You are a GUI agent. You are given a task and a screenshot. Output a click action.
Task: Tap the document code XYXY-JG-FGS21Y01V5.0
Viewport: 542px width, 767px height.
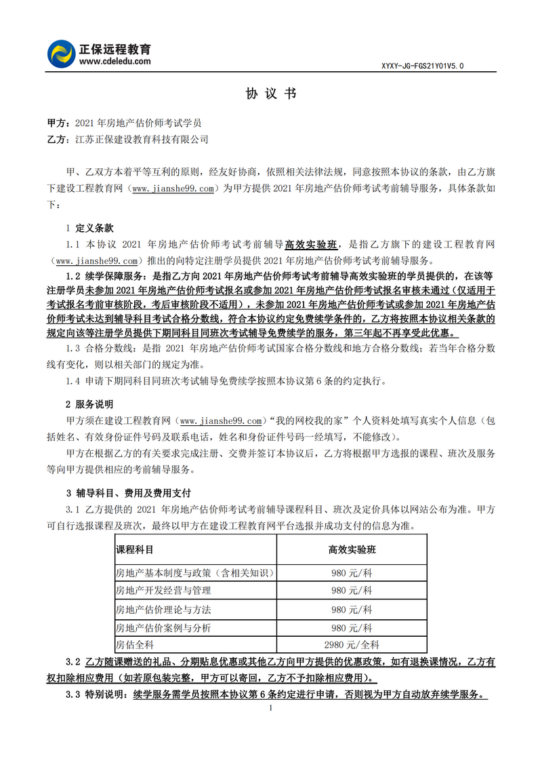point(423,66)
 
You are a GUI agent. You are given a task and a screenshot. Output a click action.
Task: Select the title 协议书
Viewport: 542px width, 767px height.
point(270,94)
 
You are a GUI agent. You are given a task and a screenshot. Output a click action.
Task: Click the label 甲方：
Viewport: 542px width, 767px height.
point(58,124)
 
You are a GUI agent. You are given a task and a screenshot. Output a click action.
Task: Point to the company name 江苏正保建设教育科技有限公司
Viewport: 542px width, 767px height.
point(142,139)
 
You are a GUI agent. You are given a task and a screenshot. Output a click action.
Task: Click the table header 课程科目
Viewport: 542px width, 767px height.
point(135,549)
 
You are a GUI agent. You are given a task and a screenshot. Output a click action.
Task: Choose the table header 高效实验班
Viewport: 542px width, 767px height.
point(352,549)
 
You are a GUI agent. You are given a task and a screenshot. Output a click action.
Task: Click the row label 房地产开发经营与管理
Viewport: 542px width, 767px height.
point(163,591)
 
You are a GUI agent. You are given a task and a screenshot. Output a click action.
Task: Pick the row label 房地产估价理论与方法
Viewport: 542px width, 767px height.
point(163,609)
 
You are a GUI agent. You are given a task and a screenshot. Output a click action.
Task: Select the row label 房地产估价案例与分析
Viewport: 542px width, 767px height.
point(163,627)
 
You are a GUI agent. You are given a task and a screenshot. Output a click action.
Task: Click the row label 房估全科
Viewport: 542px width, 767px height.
point(135,645)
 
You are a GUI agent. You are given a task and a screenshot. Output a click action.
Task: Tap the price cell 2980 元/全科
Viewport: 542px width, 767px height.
point(352,645)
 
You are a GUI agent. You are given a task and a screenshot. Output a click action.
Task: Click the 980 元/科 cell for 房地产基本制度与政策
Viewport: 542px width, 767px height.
point(352,573)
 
